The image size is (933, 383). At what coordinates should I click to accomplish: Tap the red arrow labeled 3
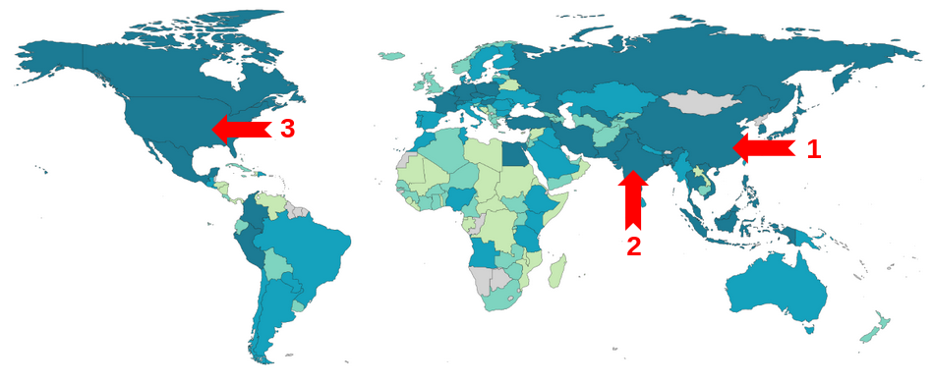pos(241,129)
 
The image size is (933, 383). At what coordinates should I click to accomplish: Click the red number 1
pos(813,149)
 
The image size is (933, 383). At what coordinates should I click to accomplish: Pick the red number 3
pos(288,129)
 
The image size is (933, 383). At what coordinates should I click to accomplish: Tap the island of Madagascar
pos(556,269)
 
